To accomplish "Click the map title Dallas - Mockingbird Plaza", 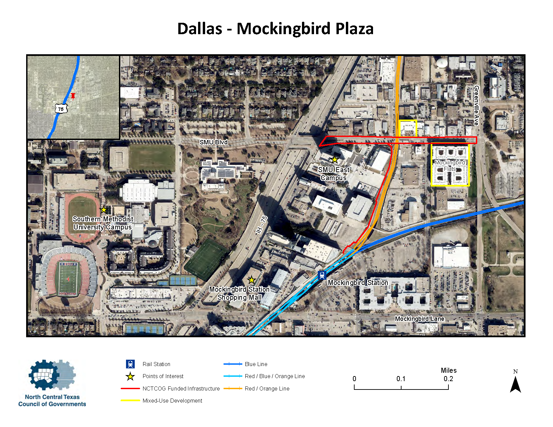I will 275,28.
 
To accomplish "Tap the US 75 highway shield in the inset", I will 61,109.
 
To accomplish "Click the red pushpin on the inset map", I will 73,96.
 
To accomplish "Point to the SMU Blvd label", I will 213,142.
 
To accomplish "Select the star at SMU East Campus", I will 334,159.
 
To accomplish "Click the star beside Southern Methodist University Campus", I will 104,210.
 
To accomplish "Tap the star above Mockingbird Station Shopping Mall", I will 251,280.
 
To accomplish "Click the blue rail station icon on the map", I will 322,276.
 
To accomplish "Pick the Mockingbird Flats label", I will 450,165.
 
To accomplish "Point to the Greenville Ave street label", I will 476,105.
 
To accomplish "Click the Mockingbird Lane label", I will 420,318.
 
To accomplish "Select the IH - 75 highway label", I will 261,225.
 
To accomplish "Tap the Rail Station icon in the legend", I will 130,364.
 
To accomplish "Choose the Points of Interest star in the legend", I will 130,376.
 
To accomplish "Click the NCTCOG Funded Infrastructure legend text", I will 181,388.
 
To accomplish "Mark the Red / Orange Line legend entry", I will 267,388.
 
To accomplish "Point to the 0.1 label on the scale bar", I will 401,379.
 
